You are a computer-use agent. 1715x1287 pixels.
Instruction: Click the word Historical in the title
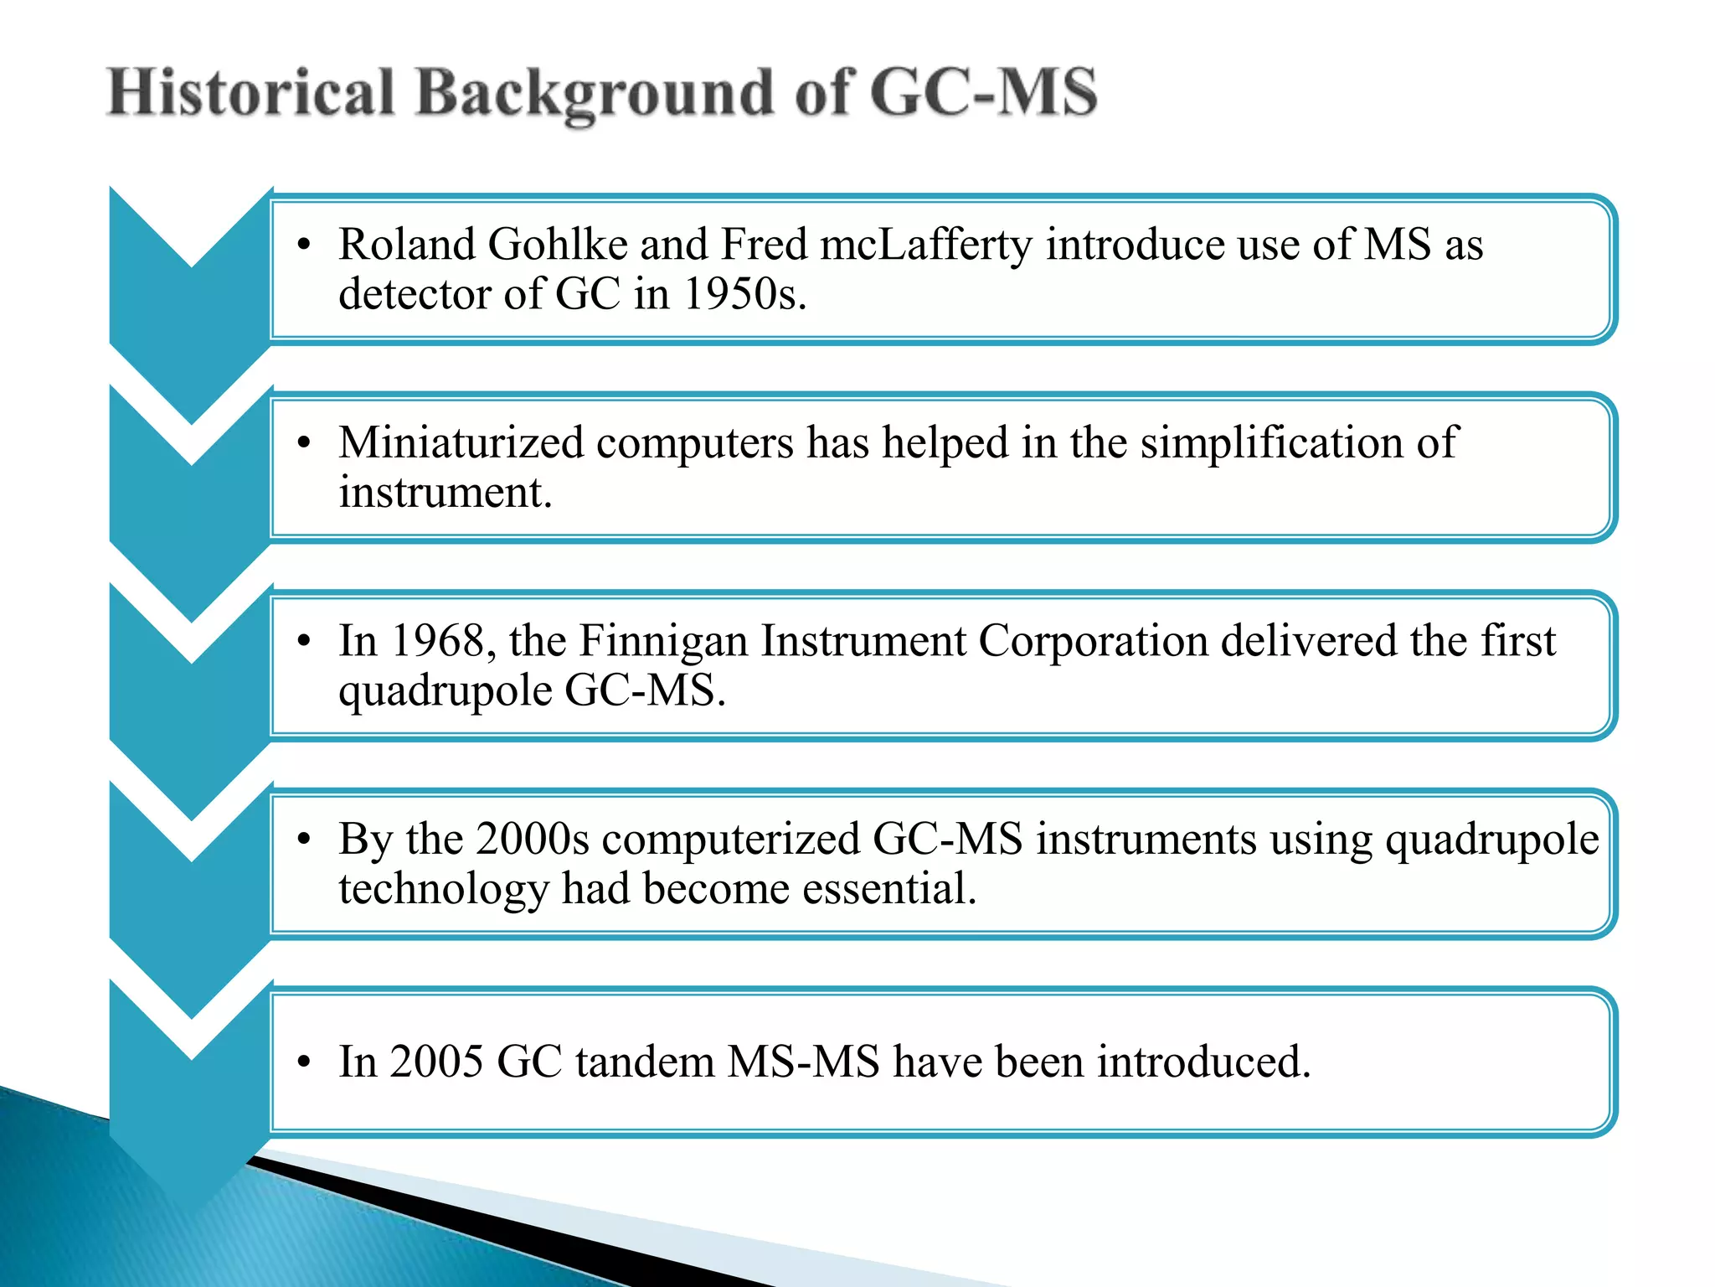251,92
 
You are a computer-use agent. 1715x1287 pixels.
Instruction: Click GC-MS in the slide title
984,92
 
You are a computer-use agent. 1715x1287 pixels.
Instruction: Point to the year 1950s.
744,294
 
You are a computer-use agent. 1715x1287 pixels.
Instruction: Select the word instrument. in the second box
445,492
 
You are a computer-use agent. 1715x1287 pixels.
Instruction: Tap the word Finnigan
663,641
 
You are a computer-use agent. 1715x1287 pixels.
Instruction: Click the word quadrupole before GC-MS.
445,692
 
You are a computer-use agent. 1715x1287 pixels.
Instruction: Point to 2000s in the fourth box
533,839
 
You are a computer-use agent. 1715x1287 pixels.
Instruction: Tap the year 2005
436,1062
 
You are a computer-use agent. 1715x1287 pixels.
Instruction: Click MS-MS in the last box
804,1062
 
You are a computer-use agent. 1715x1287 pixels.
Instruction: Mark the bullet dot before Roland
304,246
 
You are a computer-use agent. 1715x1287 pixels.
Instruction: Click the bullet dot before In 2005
304,1062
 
